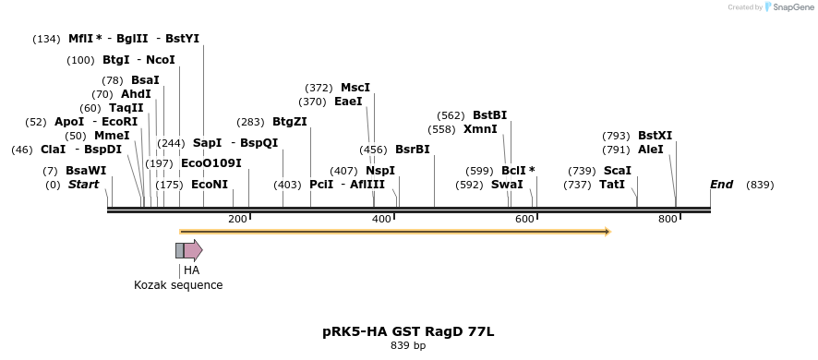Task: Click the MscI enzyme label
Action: (x=355, y=88)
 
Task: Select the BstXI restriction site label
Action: (x=655, y=136)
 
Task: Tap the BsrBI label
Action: (x=412, y=150)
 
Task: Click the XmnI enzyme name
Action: (x=480, y=129)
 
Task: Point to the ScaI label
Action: (x=617, y=171)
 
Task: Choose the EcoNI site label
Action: (x=209, y=185)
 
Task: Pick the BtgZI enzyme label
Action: (x=289, y=122)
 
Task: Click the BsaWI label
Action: (x=86, y=171)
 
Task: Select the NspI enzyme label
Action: (x=379, y=171)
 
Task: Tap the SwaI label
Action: (x=507, y=185)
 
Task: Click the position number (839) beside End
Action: (x=760, y=185)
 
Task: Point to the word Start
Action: (x=83, y=185)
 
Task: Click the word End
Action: (x=721, y=185)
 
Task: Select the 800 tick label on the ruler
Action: (x=668, y=219)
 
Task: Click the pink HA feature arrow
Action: (x=192, y=250)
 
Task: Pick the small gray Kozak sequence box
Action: (x=179, y=250)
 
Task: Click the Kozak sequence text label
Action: (x=178, y=285)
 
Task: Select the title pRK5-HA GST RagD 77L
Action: (x=408, y=330)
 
